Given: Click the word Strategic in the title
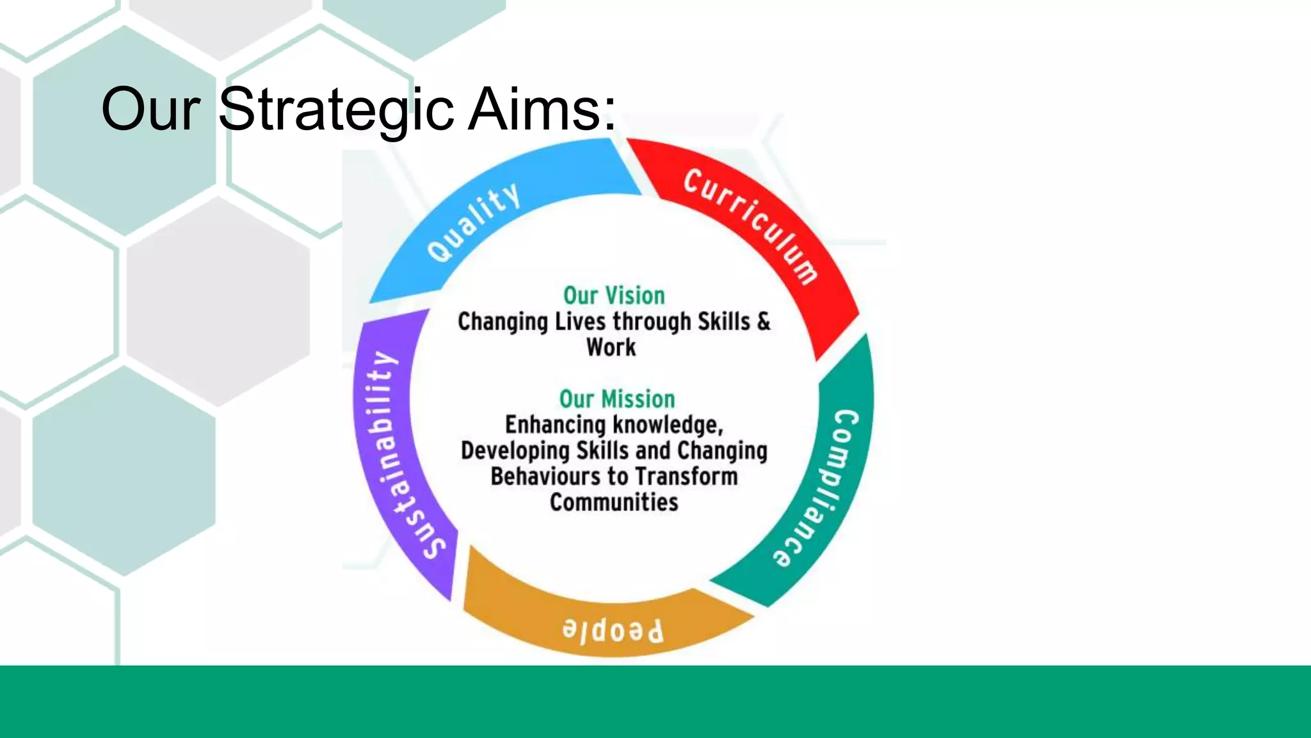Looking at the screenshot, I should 335,110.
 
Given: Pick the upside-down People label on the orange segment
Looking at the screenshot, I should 613,631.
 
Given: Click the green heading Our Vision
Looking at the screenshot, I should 614,295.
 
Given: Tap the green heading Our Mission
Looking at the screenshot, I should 617,398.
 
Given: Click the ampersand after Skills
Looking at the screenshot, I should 763,322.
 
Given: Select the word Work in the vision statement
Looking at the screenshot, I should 611,347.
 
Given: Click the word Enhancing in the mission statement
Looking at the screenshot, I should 556,425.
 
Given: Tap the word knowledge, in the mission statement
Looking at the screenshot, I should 668,425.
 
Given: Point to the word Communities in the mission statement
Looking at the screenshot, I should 614,502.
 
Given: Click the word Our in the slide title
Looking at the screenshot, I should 150,110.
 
